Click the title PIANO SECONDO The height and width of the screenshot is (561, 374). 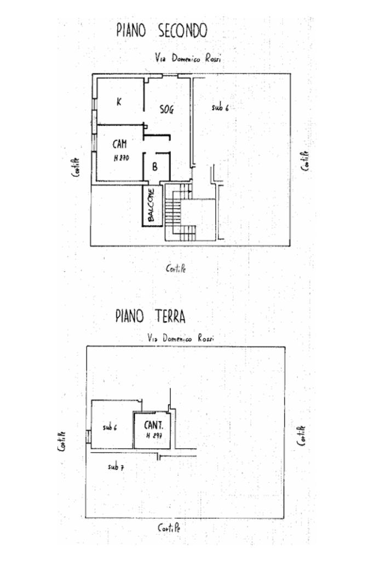click(162, 31)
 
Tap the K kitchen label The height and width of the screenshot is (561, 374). click(119, 102)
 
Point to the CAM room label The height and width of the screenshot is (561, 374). click(120, 144)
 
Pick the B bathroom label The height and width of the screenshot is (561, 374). click(154, 168)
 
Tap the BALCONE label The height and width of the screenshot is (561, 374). click(151, 205)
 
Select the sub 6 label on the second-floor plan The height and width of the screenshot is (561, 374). click(220, 108)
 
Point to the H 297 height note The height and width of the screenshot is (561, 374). click(153, 436)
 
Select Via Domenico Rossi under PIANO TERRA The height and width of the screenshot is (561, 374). click(181, 339)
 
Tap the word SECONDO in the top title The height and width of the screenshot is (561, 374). click(182, 31)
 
